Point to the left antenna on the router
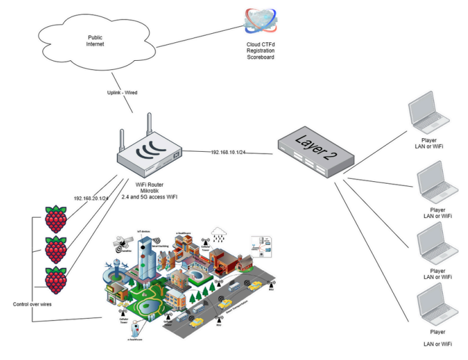pos(123,138)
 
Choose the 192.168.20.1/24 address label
pos(92,198)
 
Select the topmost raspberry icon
pos(57,218)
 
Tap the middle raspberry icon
pos(57,248)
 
